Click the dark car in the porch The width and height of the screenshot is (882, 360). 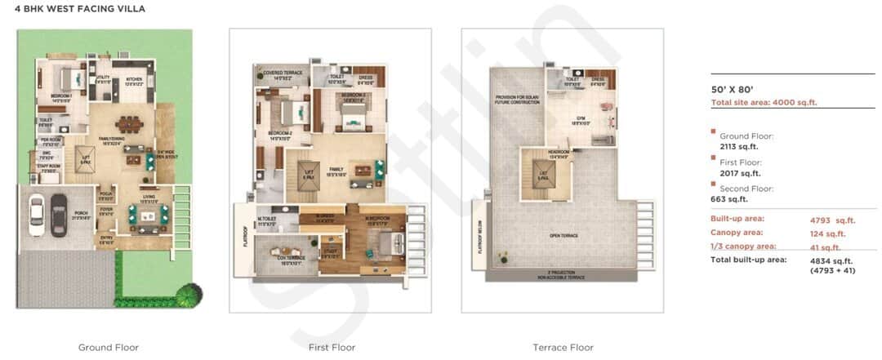pyautogui.click(x=58, y=214)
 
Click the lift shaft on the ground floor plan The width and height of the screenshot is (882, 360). pyautogui.click(x=86, y=160)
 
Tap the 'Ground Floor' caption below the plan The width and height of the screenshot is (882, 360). pyautogui.click(x=109, y=348)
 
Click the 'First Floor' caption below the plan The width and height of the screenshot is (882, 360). pyautogui.click(x=332, y=348)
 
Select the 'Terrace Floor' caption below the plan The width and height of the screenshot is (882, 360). pyautogui.click(x=563, y=348)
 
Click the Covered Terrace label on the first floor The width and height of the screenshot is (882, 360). pyautogui.click(x=283, y=73)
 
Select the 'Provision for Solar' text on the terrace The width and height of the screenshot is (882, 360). pyautogui.click(x=513, y=98)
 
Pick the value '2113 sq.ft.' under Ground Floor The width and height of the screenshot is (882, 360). pyautogui.click(x=737, y=147)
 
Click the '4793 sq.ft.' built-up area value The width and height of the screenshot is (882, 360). pyautogui.click(x=826, y=220)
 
